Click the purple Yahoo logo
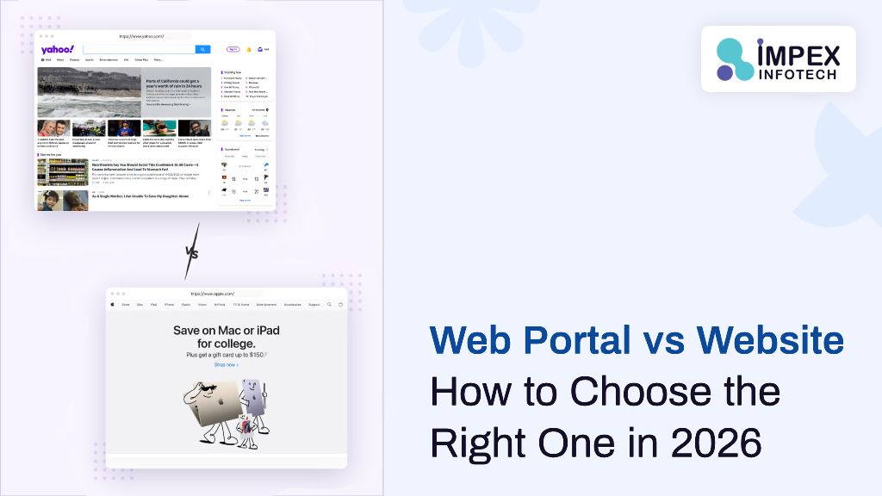pyautogui.click(x=58, y=49)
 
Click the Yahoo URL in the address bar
pyautogui.click(x=142, y=36)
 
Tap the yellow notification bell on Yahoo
pyautogui.click(x=249, y=49)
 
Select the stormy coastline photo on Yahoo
pyautogui.click(x=89, y=93)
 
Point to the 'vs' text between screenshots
pyautogui.click(x=190, y=252)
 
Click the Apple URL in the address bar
pyautogui.click(x=213, y=294)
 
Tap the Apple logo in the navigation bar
pyautogui.click(x=114, y=304)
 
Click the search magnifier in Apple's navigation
pyautogui.click(x=331, y=304)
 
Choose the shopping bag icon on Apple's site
pyautogui.click(x=340, y=304)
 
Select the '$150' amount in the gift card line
pyautogui.click(x=255, y=355)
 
